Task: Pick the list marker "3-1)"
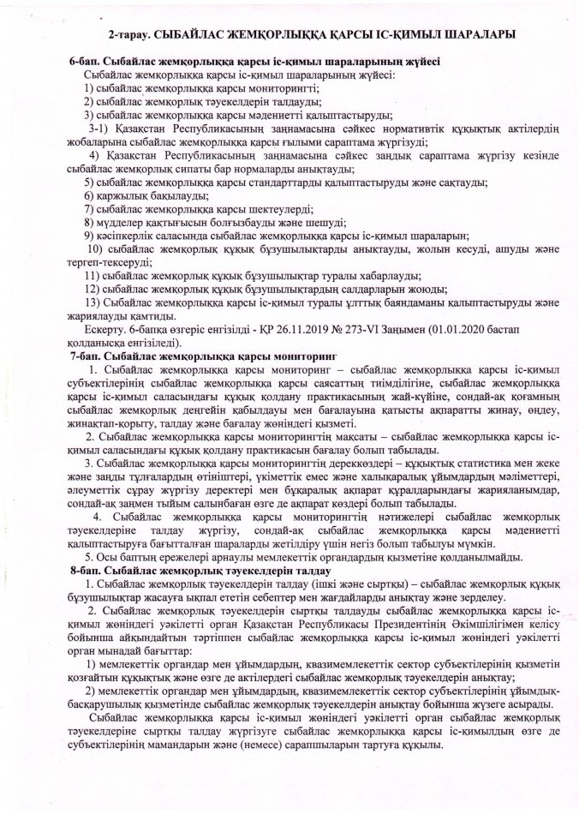pos(112,127)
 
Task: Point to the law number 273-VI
pos(353,328)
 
